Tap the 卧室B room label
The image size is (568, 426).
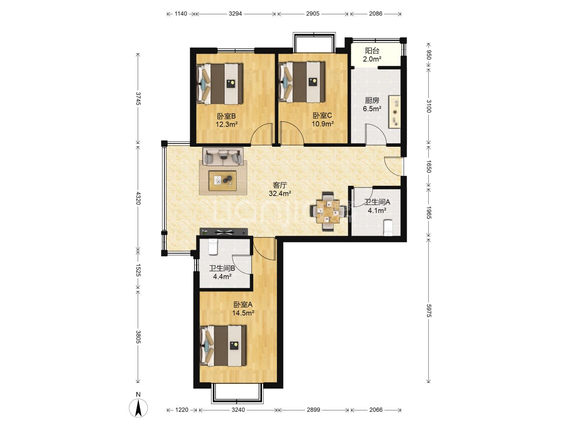click(x=226, y=116)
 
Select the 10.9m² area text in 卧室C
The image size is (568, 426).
click(x=322, y=124)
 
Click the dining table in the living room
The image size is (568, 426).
click(x=328, y=212)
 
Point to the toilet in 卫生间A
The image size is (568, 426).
click(x=388, y=227)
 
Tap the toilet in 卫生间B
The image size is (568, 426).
click(x=213, y=247)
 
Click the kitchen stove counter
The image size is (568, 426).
click(x=394, y=112)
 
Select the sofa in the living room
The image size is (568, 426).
click(x=223, y=157)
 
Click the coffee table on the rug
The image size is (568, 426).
click(x=222, y=181)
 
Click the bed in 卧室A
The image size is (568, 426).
click(x=223, y=346)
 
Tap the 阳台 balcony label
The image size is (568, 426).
click(x=372, y=51)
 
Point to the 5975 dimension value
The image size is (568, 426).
click(x=428, y=310)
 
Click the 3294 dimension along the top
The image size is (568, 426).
click(x=235, y=14)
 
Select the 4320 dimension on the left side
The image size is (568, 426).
click(x=138, y=198)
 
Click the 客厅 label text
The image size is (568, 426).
click(x=280, y=185)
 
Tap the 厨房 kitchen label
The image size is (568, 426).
click(x=372, y=100)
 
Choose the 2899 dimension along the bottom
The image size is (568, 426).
click(x=313, y=410)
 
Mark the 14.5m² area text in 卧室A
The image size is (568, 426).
click(x=243, y=313)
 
